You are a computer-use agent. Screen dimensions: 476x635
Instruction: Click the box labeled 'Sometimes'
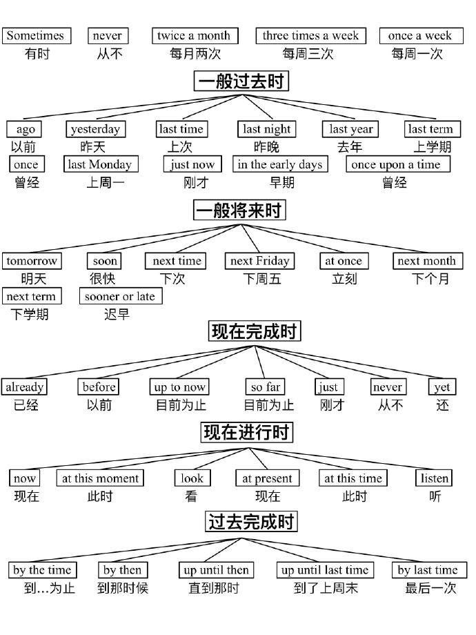(37, 36)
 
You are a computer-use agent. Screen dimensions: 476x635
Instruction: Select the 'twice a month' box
(195, 36)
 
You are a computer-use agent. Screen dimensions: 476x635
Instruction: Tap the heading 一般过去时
(241, 81)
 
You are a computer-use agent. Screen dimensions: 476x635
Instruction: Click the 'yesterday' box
(95, 129)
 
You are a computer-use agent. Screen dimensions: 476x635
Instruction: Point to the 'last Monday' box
(101, 164)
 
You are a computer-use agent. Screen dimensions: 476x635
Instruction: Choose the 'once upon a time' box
(398, 164)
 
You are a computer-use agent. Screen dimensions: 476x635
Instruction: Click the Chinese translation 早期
(281, 183)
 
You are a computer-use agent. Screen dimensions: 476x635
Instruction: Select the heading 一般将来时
(239, 210)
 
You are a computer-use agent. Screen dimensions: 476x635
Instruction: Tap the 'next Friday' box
(259, 261)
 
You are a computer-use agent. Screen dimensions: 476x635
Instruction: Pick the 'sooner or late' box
(121, 296)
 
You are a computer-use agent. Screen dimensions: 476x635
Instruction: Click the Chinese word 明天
(34, 279)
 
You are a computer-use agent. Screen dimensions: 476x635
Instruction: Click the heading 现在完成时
(255, 331)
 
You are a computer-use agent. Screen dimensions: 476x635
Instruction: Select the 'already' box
(24, 387)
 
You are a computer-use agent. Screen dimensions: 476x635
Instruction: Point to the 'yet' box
(442, 387)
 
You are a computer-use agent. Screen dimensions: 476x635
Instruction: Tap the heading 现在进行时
(247, 432)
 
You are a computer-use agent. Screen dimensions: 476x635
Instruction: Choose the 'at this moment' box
(100, 478)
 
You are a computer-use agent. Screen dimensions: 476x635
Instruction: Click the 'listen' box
(434, 478)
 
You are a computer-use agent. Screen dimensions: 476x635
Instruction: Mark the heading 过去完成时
(251, 522)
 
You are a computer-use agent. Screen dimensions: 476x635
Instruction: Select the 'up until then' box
(216, 570)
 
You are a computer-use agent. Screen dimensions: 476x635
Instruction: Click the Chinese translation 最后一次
(431, 588)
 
